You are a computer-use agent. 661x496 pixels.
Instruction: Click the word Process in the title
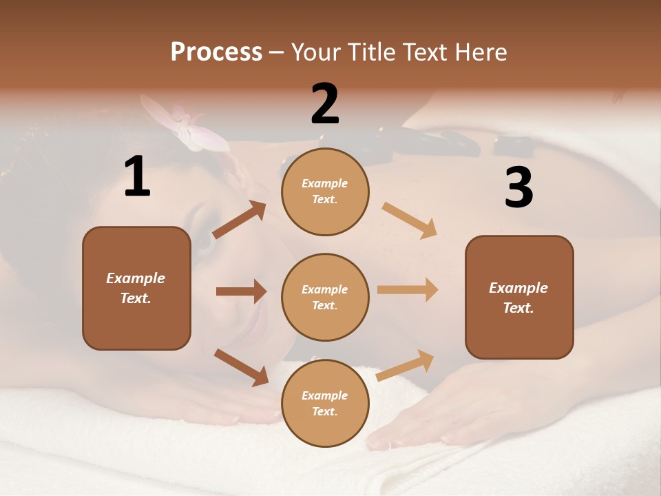click(216, 52)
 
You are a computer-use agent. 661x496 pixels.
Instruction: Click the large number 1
click(137, 177)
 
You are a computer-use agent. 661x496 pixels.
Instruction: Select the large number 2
click(325, 104)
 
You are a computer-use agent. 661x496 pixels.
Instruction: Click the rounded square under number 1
click(136, 288)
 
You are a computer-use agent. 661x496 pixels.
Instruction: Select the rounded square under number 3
click(519, 297)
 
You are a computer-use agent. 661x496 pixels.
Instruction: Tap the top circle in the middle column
click(325, 192)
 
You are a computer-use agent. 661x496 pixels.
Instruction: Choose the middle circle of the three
click(325, 297)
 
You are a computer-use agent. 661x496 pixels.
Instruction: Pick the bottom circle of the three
click(325, 403)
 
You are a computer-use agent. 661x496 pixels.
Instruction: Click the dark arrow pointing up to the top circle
click(240, 220)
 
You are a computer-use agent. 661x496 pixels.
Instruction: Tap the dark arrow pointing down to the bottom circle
click(241, 367)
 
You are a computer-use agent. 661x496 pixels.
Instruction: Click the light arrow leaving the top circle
click(410, 220)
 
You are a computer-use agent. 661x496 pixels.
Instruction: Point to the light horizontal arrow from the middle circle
click(408, 289)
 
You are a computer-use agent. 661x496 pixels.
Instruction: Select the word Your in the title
click(315, 52)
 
